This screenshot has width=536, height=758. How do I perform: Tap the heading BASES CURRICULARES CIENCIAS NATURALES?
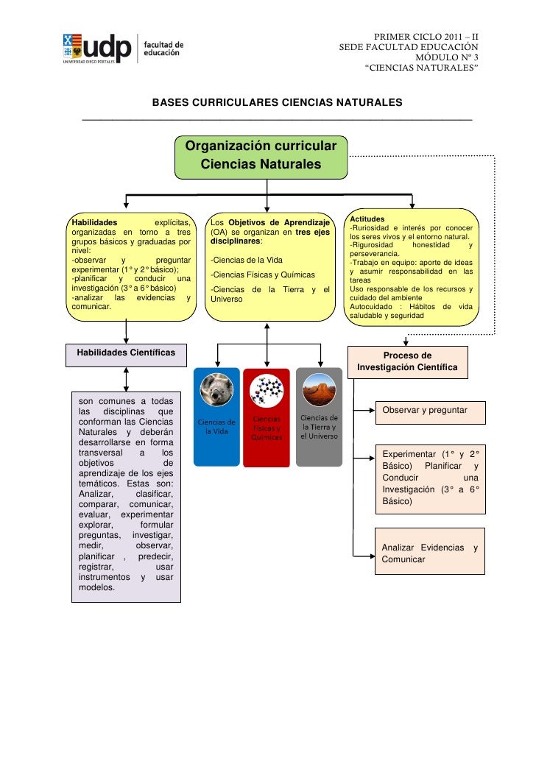[x=277, y=102]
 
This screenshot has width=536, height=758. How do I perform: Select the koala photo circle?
[x=216, y=389]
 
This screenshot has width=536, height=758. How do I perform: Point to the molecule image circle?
[x=267, y=390]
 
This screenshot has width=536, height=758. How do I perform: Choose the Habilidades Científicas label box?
[x=126, y=353]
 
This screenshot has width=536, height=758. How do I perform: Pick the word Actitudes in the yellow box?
[x=367, y=219]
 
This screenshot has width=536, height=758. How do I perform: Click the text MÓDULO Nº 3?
[x=447, y=57]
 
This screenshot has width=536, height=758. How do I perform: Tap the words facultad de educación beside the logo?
[x=163, y=49]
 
